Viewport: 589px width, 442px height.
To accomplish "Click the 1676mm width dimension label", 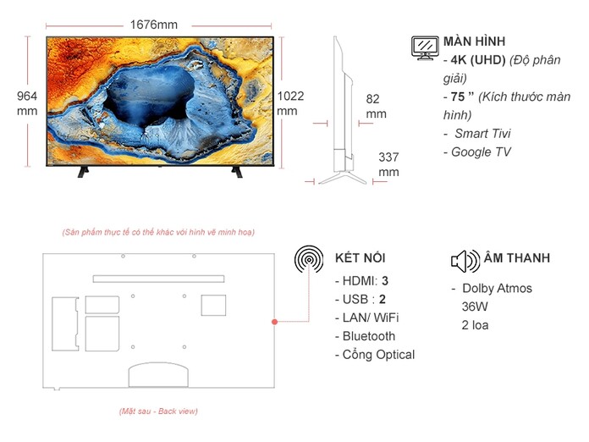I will coord(153,25).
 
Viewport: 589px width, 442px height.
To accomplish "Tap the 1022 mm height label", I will coord(288,103).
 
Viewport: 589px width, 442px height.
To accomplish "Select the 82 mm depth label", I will coord(375,106).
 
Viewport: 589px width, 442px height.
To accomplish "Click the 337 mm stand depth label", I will coord(388,164).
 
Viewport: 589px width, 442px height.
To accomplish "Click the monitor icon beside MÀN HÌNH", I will coord(425,47).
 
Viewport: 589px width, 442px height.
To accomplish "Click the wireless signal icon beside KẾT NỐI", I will coord(309,259).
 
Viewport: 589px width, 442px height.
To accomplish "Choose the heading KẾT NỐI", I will coord(361,258).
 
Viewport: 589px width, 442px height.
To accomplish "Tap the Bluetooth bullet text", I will coord(368,336).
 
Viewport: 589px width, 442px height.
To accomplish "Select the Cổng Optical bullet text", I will coord(378,355).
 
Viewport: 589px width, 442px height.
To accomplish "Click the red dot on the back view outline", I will coord(274,323).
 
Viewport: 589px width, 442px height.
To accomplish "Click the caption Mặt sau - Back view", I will coord(158,412).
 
